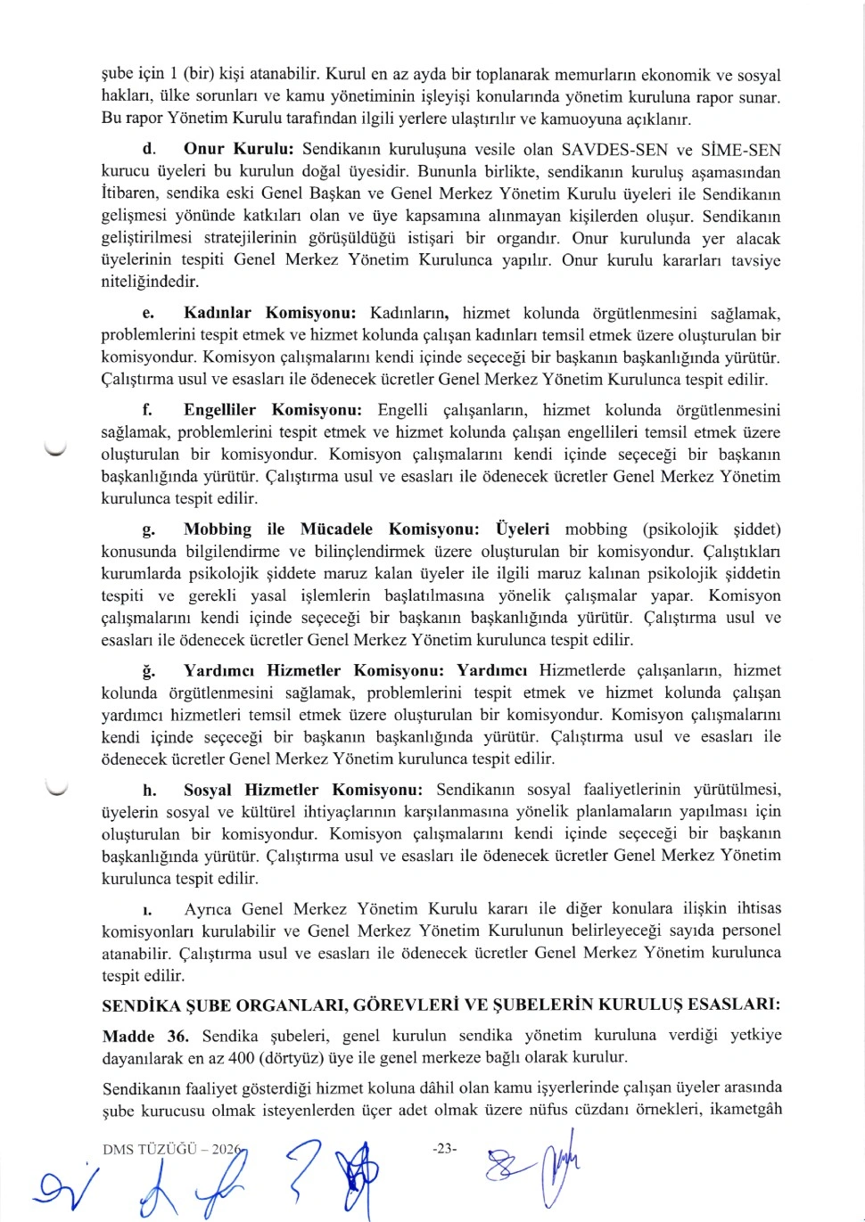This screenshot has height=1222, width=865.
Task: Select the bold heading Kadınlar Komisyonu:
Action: click(269, 313)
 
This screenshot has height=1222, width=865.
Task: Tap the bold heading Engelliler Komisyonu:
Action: click(272, 410)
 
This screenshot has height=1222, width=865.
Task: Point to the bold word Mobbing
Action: click(218, 529)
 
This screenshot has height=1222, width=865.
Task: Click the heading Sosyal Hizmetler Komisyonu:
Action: click(302, 790)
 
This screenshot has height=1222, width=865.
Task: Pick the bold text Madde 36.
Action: click(145, 1036)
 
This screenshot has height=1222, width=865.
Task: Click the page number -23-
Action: click(444, 1149)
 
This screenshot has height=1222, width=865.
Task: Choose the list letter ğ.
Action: click(148, 671)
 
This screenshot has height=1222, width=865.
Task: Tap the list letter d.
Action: click(149, 150)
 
